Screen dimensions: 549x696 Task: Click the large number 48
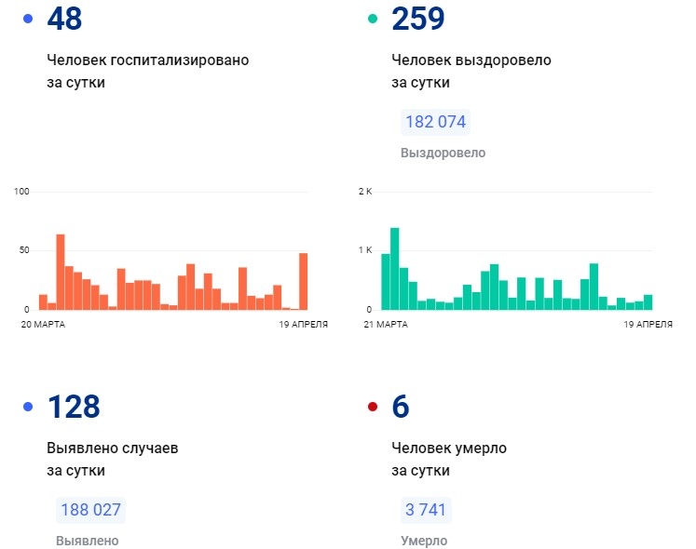pos(65,18)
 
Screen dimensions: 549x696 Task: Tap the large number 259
pos(418,18)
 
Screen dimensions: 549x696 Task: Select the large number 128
pos(73,406)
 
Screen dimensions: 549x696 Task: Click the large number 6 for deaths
pos(401,406)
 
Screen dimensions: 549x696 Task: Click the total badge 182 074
pos(435,122)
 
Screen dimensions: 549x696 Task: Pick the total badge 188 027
pos(90,510)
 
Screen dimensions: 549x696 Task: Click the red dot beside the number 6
pos(373,407)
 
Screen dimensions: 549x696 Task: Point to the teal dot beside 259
pos(373,19)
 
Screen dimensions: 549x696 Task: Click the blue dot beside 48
pos(27,19)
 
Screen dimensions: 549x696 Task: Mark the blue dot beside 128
pos(27,407)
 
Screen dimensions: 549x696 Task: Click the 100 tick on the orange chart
pos(22,192)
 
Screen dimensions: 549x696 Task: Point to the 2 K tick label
pos(364,192)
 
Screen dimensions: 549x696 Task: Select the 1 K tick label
pos(364,250)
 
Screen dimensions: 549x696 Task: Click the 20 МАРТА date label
pos(44,324)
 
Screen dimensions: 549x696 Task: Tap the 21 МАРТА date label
pos(386,324)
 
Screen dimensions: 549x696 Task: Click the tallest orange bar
pos(61,272)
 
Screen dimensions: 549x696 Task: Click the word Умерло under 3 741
pos(424,541)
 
